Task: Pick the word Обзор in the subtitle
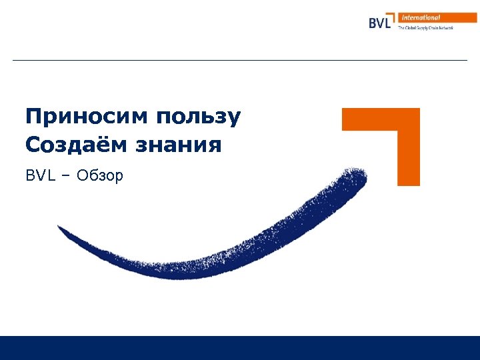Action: pos(99,176)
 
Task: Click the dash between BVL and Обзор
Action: pos(68,177)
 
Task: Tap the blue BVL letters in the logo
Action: pos(380,22)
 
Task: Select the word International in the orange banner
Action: pos(421,17)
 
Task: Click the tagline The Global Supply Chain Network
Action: pos(425,28)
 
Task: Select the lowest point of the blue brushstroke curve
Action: pos(167,272)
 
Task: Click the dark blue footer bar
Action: pos(240,347)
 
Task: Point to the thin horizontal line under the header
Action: pos(240,61)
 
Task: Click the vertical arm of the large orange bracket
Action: pos(409,157)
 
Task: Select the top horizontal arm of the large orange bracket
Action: pos(373,119)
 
